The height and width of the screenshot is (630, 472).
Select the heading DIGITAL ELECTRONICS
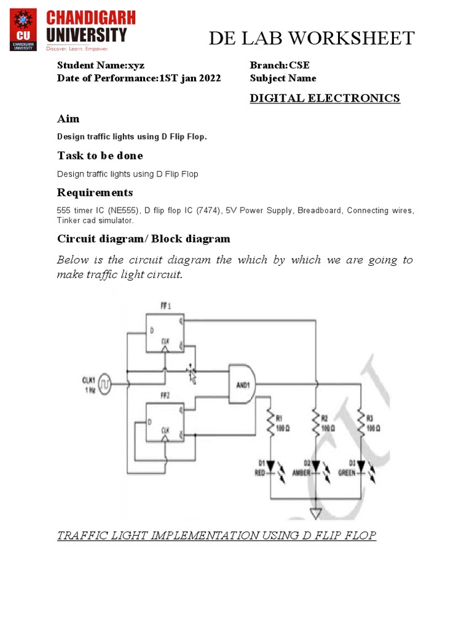click(324, 98)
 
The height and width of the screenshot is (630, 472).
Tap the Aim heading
click(68, 118)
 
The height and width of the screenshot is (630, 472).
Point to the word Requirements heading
click(95, 193)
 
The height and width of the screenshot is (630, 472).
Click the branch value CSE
click(304, 65)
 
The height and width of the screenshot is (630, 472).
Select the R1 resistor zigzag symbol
click(270, 423)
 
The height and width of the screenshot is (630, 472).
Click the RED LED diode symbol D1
click(270, 466)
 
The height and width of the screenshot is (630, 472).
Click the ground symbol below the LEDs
click(315, 512)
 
